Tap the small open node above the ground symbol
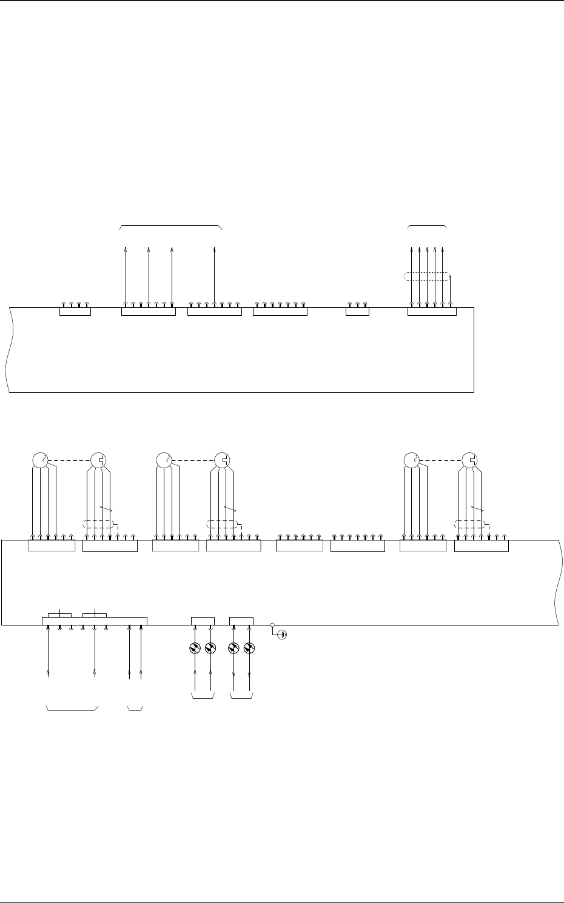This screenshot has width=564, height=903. tap(272, 624)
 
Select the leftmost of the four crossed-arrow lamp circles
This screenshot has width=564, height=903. tap(195, 649)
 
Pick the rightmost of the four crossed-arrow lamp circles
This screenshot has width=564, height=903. tap(249, 649)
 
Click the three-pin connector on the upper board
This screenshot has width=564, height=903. tap(357, 311)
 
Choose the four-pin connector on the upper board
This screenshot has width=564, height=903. tap(75, 311)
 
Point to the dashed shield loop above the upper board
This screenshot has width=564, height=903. tap(427, 277)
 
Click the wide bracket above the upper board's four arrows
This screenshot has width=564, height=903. tap(172, 227)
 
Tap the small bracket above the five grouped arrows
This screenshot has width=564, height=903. tap(428, 226)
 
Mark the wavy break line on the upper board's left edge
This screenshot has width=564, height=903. tap(8, 350)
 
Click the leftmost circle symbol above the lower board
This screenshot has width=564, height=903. tap(39, 460)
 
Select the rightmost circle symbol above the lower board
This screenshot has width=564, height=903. tap(469, 460)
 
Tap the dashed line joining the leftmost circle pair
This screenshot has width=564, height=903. tap(69, 460)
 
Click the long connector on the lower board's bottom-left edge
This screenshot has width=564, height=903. tap(94, 621)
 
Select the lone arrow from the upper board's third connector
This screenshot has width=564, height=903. tap(215, 273)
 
